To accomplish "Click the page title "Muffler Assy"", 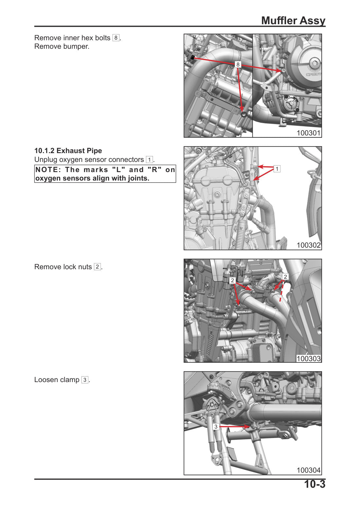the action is tap(293, 21).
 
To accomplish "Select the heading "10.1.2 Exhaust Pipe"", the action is tap(68, 151).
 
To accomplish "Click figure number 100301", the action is tap(308, 133).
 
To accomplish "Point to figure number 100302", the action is tap(308, 245).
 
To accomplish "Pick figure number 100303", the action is tap(308, 359).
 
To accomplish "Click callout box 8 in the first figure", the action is tap(238, 64).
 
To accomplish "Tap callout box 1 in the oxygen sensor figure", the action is tap(277, 169).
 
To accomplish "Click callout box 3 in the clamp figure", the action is tap(216, 427).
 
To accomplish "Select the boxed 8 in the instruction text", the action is tap(116, 38).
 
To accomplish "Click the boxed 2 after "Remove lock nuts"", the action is tap(97, 267).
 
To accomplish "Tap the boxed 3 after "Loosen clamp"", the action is tap(85, 380).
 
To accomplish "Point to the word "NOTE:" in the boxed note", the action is tap(47, 170).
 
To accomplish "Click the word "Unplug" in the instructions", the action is tap(46, 160).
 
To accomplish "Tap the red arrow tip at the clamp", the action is tap(250, 427).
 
